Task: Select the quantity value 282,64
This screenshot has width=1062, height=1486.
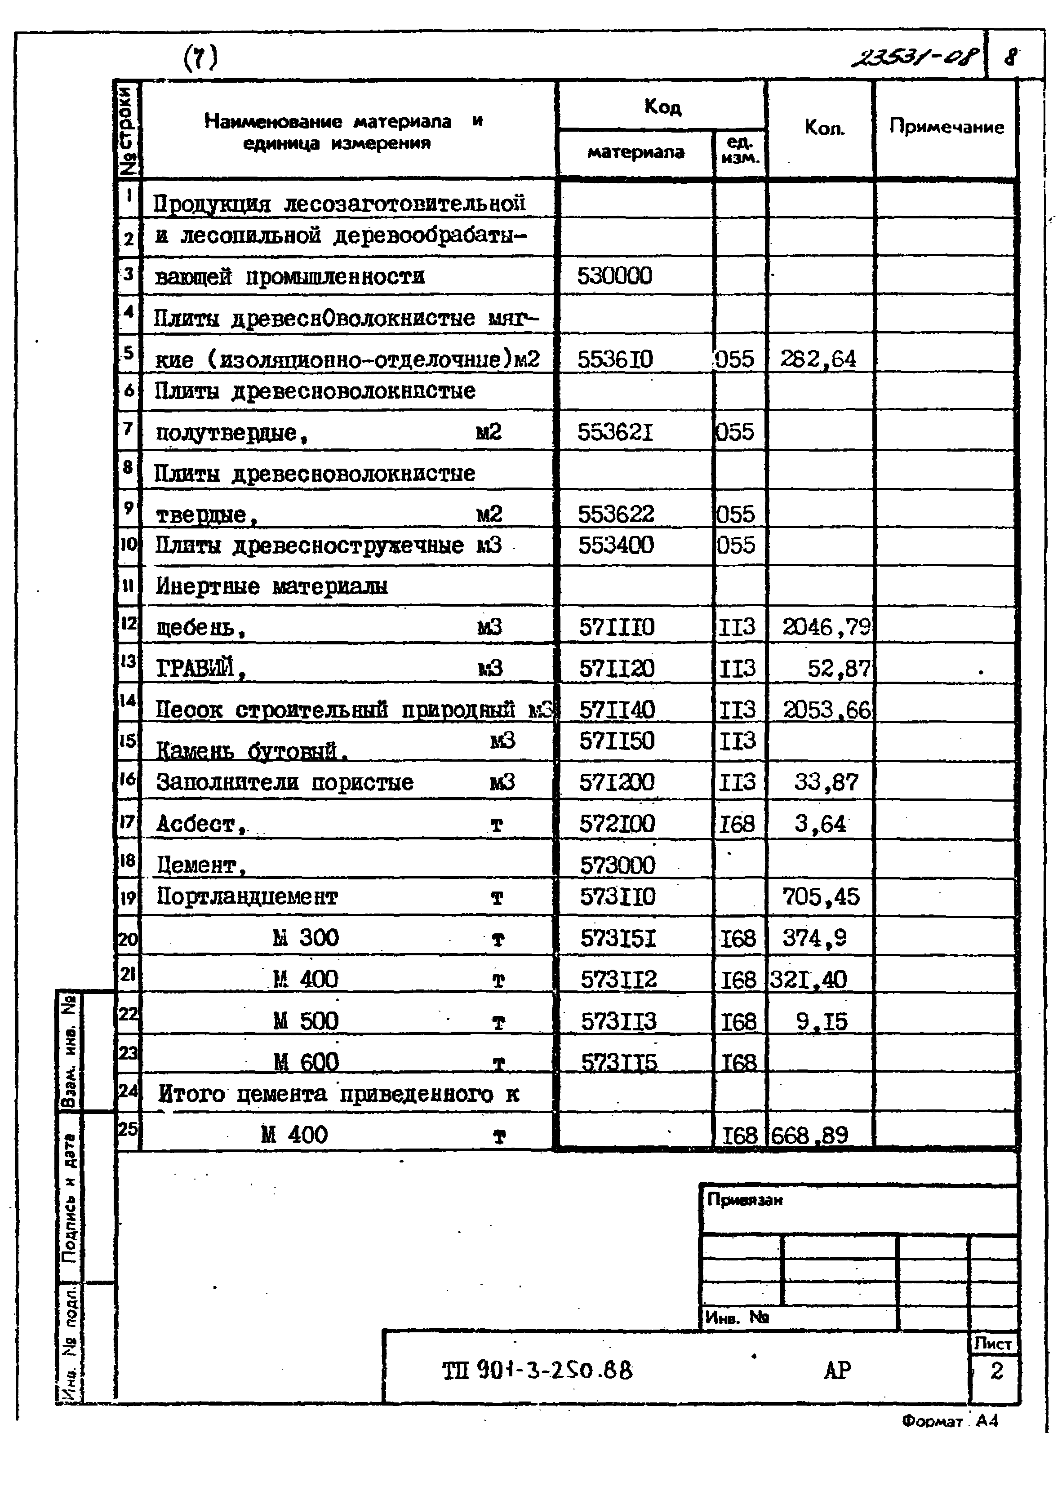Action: coord(818,359)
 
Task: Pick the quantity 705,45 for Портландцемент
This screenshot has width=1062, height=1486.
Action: coord(821,897)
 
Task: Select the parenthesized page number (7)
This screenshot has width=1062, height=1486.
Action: coord(200,58)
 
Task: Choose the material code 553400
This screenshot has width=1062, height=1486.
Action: coord(615,545)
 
